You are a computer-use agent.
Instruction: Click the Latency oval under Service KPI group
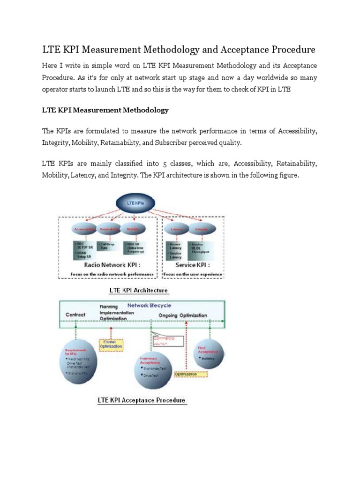pyautogui.click(x=177, y=229)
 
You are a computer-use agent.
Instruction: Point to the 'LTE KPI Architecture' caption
pyautogui.click(x=138, y=290)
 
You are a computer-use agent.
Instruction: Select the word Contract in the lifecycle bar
pyautogui.click(x=75, y=315)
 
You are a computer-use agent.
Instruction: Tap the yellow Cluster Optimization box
pyautogui.click(x=110, y=345)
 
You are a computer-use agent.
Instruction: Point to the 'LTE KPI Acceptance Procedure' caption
pyautogui.click(x=142, y=401)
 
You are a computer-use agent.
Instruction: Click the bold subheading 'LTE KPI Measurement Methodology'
pyautogui.click(x=105, y=110)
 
